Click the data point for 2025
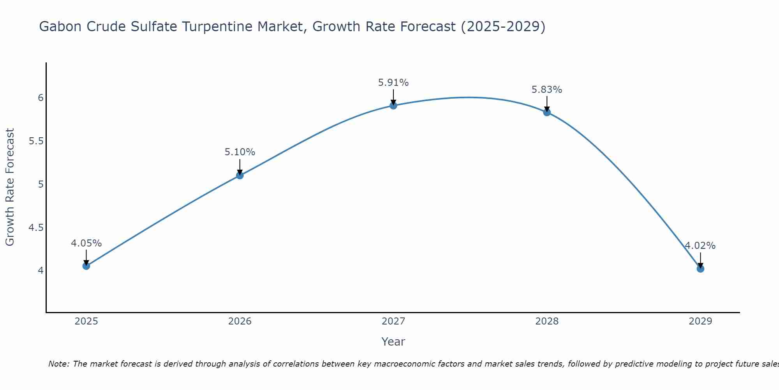point(86,266)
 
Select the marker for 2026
point(240,175)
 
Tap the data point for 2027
point(393,105)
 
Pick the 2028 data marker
point(547,112)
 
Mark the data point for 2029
point(700,269)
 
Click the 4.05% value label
point(86,243)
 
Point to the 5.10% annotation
point(240,152)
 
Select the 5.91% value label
point(393,83)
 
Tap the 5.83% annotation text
point(547,90)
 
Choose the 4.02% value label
point(700,246)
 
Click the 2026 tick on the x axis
point(240,321)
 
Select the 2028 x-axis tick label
point(547,321)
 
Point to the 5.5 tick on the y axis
point(36,141)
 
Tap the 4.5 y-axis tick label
point(36,227)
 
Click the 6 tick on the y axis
point(41,97)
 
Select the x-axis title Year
point(393,342)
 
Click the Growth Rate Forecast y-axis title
point(10,187)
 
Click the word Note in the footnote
point(58,364)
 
